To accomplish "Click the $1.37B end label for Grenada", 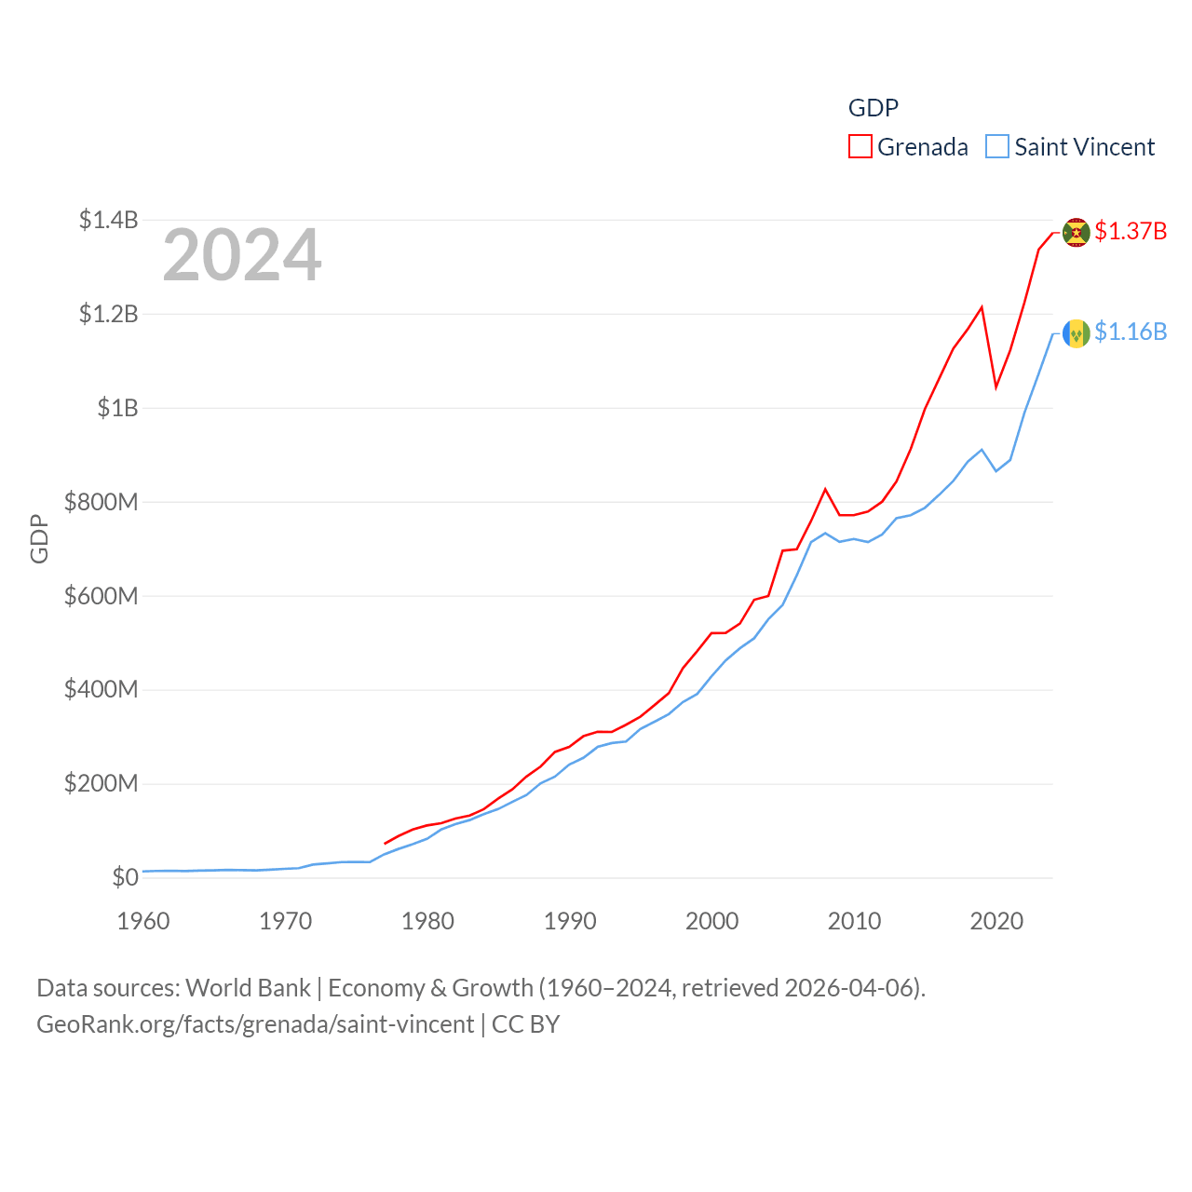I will click(1131, 231).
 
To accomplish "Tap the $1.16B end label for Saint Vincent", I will click(1131, 332).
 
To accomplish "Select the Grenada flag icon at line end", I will click(1077, 232).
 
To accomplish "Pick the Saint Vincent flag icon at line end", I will click(1077, 332).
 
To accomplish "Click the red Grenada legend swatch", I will click(860, 147).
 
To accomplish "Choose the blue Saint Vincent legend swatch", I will click(997, 147).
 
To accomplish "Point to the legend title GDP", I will click(873, 108).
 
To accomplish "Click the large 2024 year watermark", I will click(242, 255).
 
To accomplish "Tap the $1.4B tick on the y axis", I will click(108, 220).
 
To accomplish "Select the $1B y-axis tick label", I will click(117, 408).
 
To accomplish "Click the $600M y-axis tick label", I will click(101, 596).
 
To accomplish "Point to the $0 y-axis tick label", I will click(125, 877).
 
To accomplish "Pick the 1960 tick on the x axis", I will click(143, 921).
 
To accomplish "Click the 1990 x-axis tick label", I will click(570, 921).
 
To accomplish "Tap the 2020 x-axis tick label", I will click(996, 921).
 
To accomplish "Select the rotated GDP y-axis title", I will click(39, 538).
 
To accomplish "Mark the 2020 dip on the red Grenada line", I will click(996, 386).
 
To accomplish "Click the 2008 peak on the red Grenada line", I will click(825, 489).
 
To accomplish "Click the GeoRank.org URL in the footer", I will click(255, 1024).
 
